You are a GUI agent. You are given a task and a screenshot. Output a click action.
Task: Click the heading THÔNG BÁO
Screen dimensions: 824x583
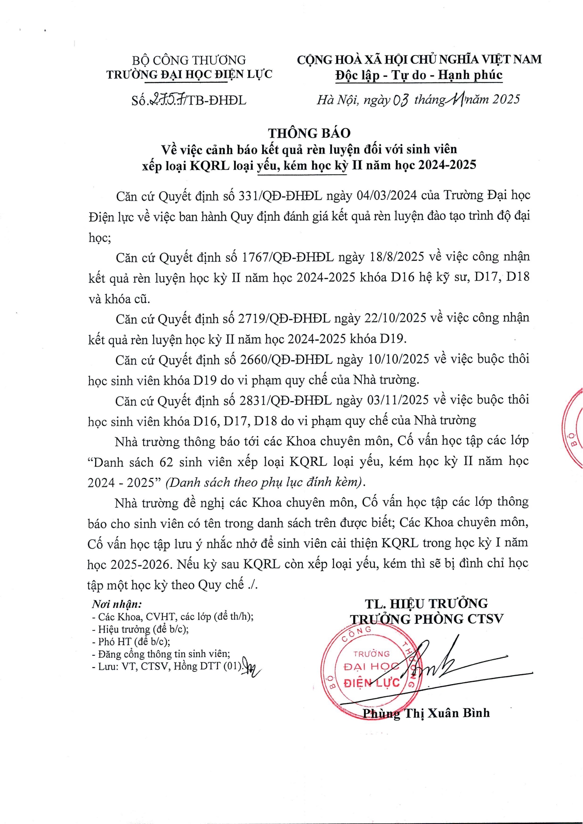309,133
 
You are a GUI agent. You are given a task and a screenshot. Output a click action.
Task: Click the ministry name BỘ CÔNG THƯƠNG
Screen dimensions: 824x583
189,60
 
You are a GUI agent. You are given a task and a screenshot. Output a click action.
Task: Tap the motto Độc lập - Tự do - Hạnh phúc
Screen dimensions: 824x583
419,75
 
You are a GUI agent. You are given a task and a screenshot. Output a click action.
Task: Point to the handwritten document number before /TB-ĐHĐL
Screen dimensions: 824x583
168,100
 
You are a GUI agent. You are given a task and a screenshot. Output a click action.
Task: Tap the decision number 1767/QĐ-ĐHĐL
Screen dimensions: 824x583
287,257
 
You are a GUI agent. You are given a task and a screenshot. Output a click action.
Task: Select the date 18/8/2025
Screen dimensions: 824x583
397,257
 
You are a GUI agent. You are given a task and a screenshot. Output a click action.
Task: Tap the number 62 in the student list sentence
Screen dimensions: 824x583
166,462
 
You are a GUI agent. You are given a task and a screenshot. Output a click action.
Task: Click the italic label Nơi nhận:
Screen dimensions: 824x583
117,604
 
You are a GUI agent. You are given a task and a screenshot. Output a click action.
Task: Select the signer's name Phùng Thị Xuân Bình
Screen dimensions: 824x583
426,713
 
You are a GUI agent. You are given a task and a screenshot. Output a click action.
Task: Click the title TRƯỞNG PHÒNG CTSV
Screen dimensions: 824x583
426,619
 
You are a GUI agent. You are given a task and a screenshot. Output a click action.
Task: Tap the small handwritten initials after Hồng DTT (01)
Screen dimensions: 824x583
251,669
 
